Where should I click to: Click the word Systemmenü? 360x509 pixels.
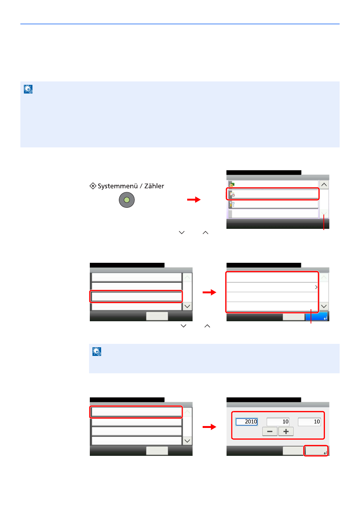118,186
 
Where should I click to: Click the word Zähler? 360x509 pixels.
154,186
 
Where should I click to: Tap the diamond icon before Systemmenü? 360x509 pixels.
93,186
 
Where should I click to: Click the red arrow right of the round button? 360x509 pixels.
194,199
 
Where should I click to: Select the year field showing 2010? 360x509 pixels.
246,422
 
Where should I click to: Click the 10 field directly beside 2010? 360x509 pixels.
278,422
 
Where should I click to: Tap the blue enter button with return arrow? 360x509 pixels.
317,317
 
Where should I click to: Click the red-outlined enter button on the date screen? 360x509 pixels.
316,451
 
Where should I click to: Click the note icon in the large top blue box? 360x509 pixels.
28,89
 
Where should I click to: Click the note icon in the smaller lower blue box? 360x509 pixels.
97,351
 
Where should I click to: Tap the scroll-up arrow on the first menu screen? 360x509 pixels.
324,184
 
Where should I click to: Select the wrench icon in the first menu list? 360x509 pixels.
232,204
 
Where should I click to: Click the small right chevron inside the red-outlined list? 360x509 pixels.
316,287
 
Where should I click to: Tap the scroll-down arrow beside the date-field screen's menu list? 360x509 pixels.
187,441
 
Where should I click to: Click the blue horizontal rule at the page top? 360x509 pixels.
180,24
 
